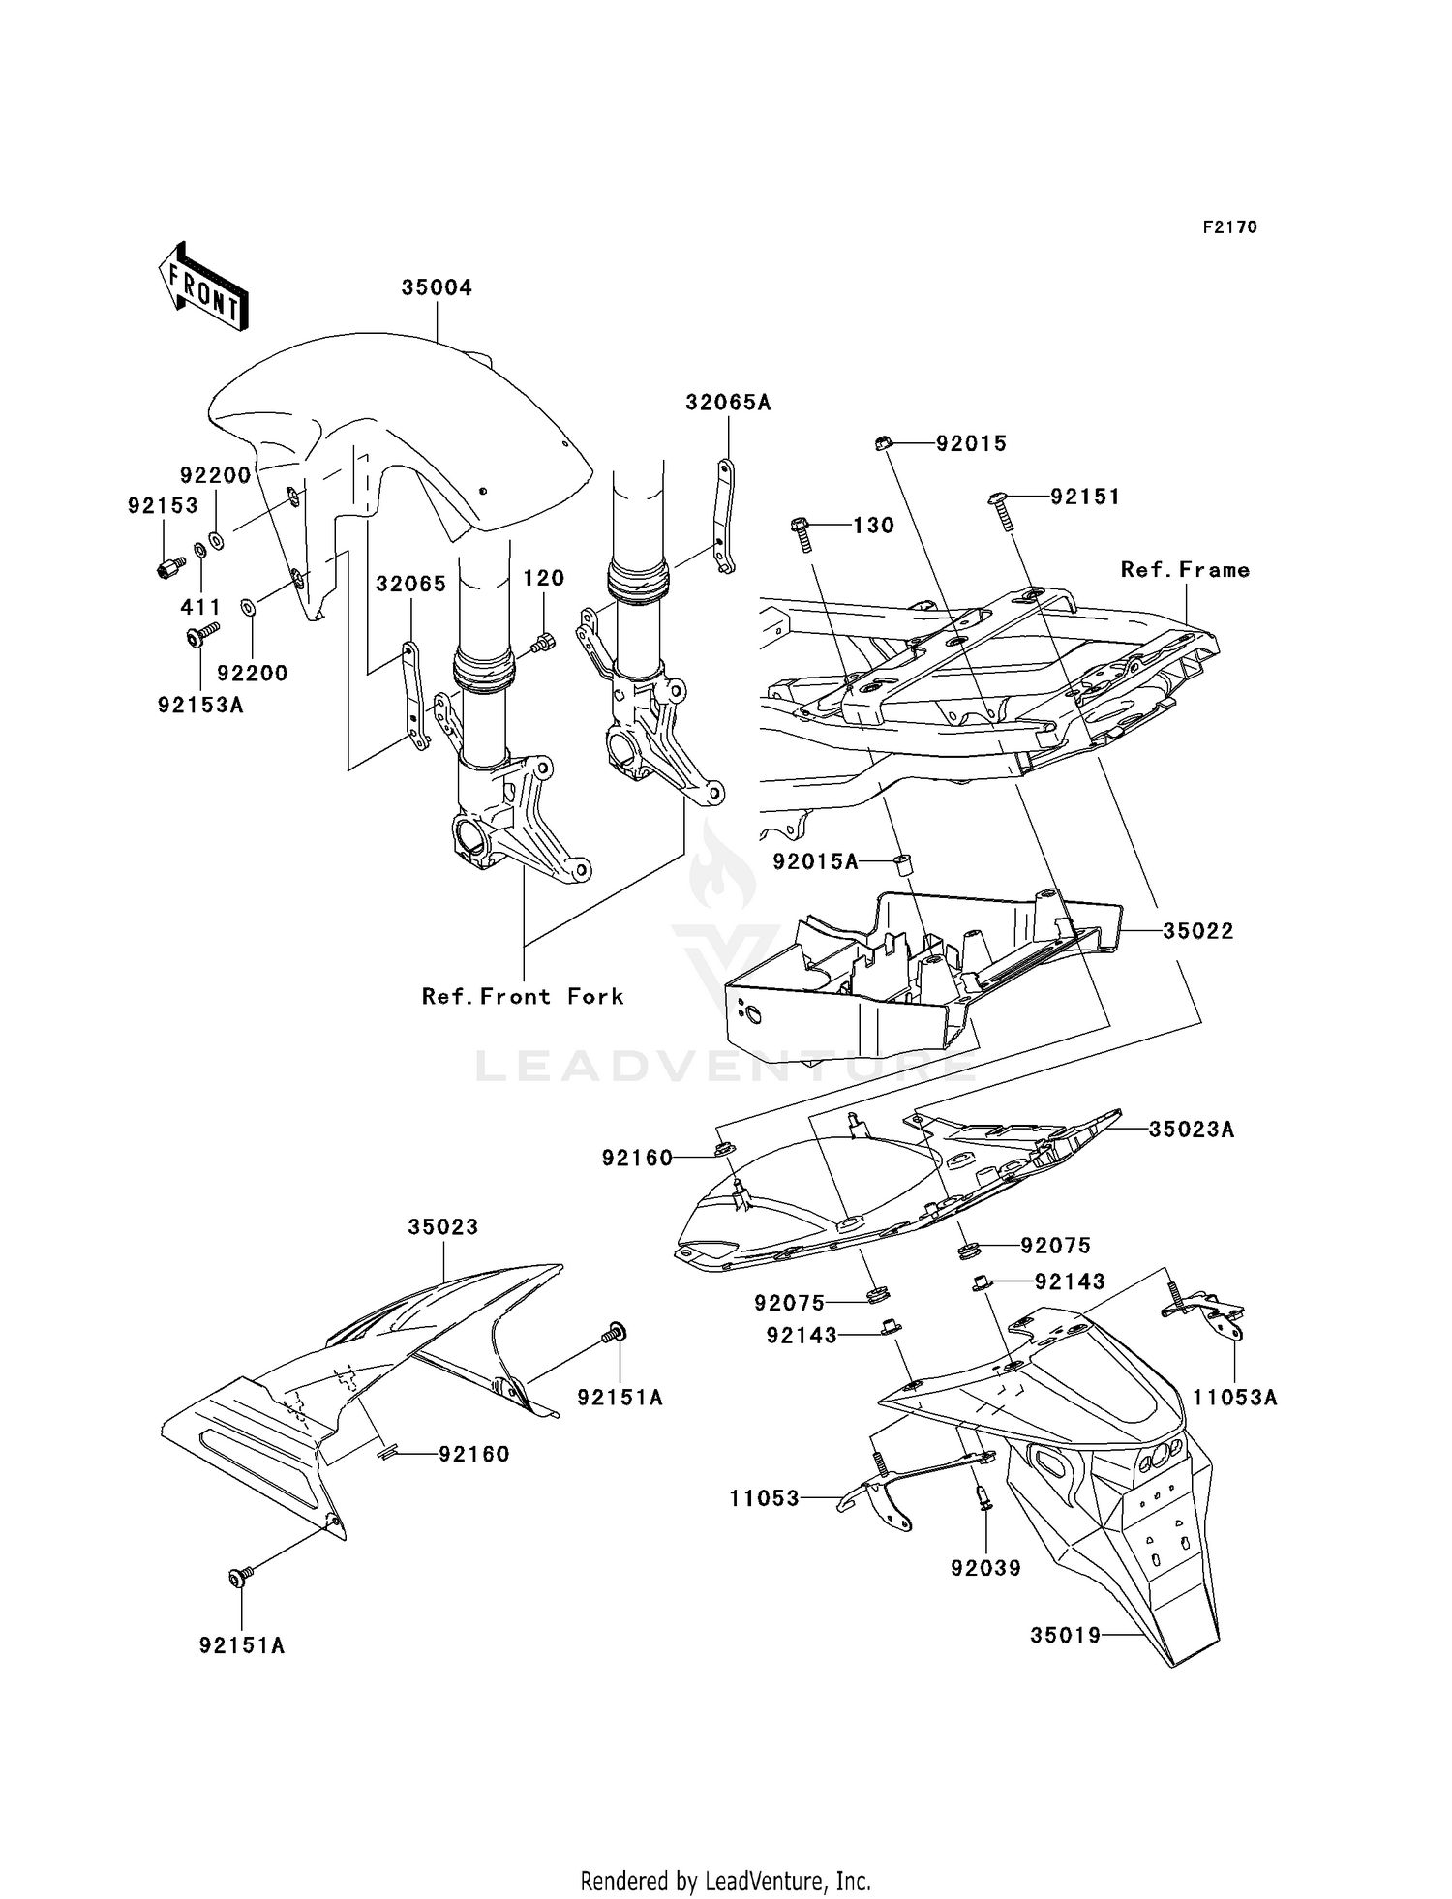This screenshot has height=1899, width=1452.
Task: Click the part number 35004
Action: tap(437, 287)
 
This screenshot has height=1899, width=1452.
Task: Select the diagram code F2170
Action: tap(1229, 227)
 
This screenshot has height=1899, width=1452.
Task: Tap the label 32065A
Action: tap(728, 403)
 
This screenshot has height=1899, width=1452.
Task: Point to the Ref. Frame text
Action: tap(1185, 570)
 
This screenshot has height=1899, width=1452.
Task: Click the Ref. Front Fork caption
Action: tap(523, 996)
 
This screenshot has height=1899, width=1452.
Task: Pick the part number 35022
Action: tap(1198, 931)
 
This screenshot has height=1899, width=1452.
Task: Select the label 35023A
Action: tap(1192, 1130)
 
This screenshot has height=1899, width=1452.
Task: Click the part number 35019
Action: tap(1066, 1635)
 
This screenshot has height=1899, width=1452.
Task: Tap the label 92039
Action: tap(985, 1568)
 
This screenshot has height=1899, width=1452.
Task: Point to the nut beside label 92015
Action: tap(882, 443)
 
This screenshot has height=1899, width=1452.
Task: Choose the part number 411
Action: tap(201, 607)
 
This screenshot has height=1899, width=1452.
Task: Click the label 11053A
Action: tap(1234, 1398)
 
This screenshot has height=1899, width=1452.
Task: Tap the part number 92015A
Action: tap(815, 861)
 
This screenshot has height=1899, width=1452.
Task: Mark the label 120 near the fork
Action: tap(543, 578)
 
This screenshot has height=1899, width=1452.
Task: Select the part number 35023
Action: tap(443, 1226)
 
